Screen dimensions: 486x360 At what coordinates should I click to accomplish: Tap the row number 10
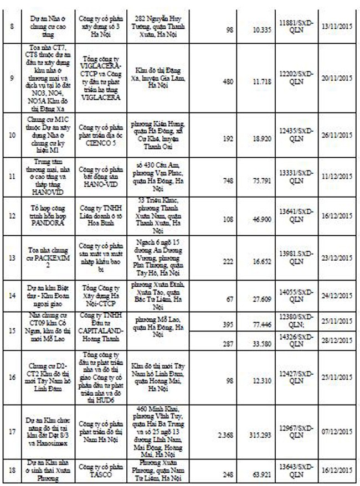[x=12, y=136]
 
